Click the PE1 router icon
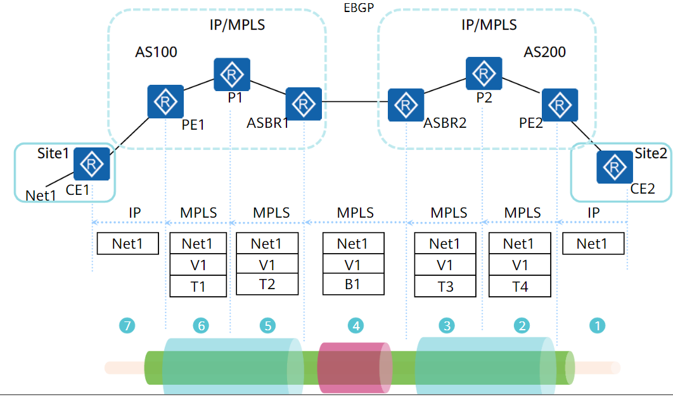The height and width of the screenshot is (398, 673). [x=166, y=101]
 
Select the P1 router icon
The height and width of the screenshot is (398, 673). [x=232, y=75]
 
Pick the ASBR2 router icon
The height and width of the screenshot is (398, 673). [x=406, y=104]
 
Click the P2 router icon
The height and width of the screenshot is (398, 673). [x=484, y=73]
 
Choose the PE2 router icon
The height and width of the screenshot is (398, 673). [x=560, y=106]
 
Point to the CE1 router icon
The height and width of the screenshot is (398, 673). [x=92, y=164]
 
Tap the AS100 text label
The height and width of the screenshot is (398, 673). [x=157, y=52]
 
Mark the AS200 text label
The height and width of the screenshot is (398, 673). [x=545, y=52]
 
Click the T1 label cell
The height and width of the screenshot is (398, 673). [x=198, y=287]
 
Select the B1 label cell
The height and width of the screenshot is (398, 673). [x=353, y=285]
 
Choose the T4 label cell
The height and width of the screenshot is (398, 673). [x=519, y=287]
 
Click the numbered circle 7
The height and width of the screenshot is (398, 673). [x=128, y=325]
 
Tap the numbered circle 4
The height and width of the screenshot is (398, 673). [x=356, y=325]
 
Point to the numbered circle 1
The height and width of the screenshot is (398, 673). [x=597, y=325]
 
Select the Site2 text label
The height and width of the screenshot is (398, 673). [x=651, y=154]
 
